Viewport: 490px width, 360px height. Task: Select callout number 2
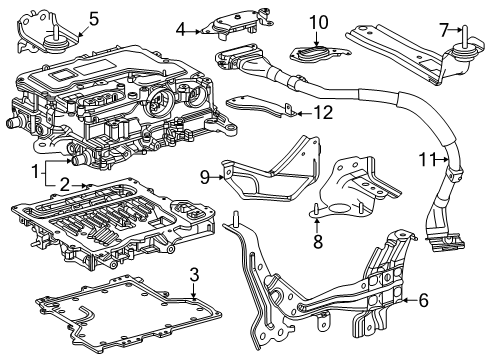point(64,183)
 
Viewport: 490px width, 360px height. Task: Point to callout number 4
point(181,29)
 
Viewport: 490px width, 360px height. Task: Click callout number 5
point(93,17)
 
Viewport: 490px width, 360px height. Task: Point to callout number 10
point(318,21)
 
